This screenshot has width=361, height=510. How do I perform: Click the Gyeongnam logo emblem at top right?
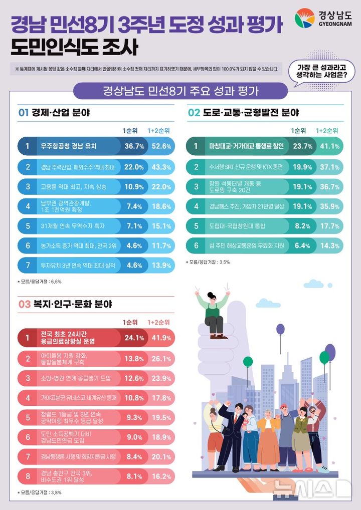(x=305, y=19)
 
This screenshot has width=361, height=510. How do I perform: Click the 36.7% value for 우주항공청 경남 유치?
(x=134, y=146)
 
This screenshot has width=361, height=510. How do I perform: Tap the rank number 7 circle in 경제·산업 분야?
(x=28, y=266)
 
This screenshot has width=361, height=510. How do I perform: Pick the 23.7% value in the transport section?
(x=303, y=146)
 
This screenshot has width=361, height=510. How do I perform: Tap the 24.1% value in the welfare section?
(x=134, y=338)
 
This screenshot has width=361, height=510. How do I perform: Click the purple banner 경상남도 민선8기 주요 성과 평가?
(x=180, y=91)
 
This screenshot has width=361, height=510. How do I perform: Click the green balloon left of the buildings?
(x=248, y=361)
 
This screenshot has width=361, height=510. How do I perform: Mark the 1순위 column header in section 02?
(x=299, y=131)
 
